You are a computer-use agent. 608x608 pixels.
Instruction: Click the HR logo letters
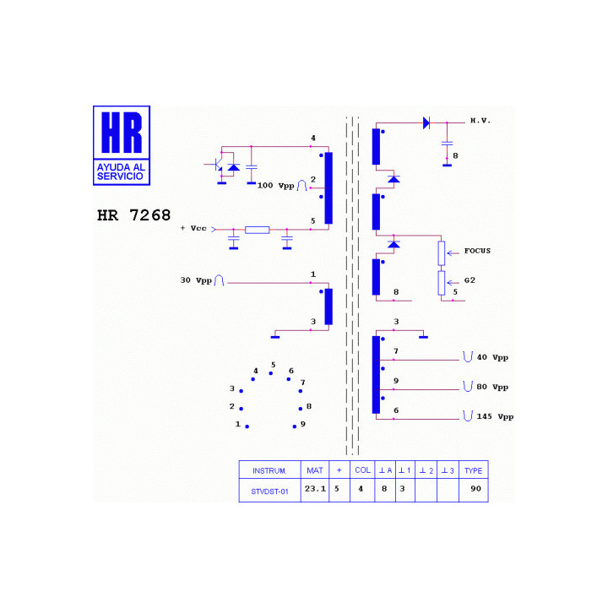pos(122,133)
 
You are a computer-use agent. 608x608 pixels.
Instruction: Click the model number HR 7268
pos(133,215)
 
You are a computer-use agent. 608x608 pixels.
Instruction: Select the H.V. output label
pos(480,121)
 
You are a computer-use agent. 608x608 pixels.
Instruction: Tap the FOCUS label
pos(477,251)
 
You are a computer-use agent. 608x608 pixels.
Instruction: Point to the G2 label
pos(470,280)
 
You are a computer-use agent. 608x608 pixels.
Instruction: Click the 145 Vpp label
pos(495,417)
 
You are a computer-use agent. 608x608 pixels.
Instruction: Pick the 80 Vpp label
pos(492,387)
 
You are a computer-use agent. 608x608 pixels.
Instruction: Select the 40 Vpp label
pos(492,357)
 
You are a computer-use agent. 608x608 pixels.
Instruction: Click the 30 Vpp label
pos(196,280)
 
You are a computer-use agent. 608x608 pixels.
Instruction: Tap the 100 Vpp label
pos(275,186)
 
